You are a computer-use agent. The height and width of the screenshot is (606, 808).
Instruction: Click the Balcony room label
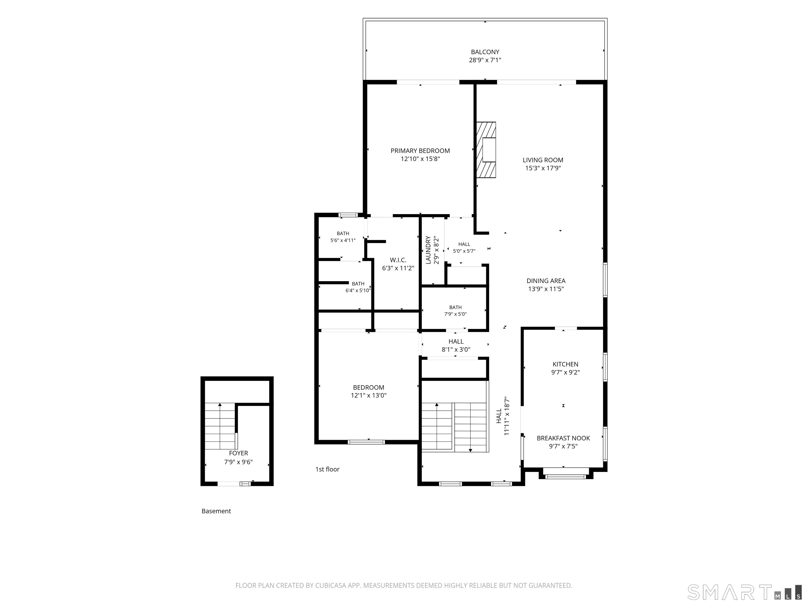(485, 52)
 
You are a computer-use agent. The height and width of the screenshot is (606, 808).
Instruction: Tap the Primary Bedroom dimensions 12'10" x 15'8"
(420, 159)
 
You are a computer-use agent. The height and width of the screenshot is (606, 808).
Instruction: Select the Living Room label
(543, 160)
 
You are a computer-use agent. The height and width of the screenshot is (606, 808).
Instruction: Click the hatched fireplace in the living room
(486, 150)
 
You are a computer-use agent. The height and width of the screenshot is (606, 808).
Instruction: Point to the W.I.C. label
(398, 260)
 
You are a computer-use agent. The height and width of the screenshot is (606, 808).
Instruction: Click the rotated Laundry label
(428, 250)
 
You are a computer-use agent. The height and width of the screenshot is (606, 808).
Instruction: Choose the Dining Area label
(546, 281)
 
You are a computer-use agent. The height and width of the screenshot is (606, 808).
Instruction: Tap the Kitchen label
(565, 364)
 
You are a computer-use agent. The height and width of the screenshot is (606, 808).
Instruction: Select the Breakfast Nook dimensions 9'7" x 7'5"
(563, 446)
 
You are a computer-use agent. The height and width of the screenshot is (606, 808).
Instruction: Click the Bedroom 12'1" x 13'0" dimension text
(368, 395)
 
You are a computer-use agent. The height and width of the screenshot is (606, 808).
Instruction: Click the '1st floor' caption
(327, 469)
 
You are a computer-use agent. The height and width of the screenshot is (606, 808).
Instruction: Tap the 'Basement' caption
(216, 511)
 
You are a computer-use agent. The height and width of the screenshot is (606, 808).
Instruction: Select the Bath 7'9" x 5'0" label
(455, 310)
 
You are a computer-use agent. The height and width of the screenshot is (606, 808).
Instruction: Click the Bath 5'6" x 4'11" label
(343, 237)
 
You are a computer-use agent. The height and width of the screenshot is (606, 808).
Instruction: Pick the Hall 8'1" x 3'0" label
(456, 345)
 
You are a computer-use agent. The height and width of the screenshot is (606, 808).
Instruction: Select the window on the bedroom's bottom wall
(366, 442)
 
